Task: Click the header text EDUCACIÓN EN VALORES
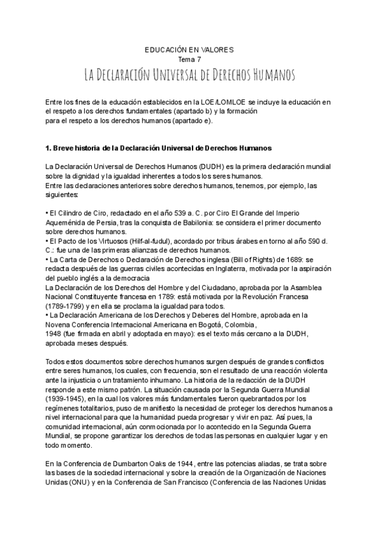point(190,49)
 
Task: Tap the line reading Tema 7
point(190,59)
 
